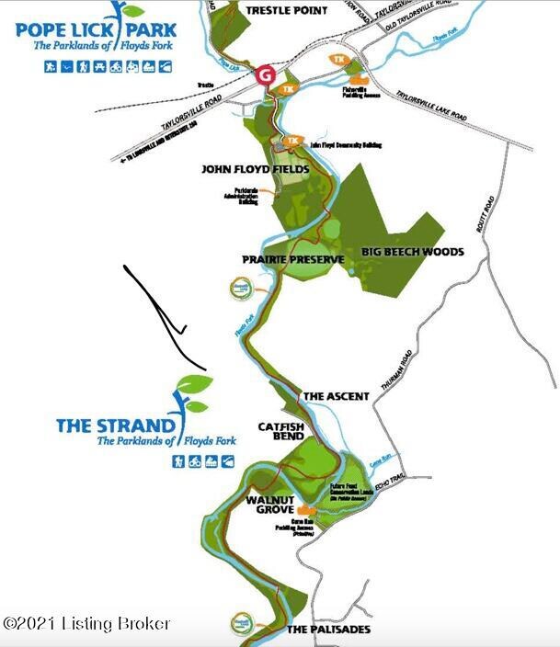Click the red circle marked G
pos(266,74)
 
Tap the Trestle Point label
pos(287,10)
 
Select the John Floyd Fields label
pos(256,170)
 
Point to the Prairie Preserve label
pos(292,260)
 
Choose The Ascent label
pos(336,396)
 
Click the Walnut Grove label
pos(269,504)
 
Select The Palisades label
pos(328,630)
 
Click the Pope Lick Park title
pos(97,28)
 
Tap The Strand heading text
pos(115,426)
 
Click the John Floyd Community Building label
pos(346,145)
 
